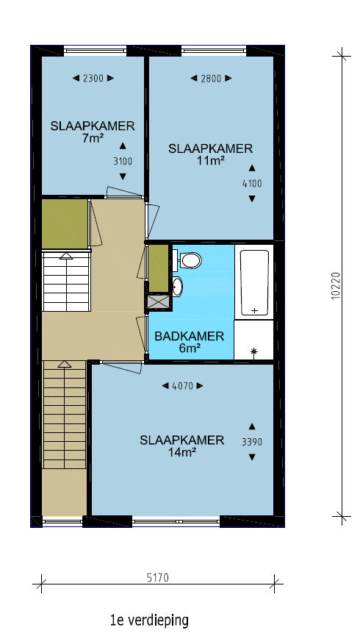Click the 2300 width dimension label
pos(93,79)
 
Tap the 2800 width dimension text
pos(211,79)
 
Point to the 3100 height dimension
pos(123,162)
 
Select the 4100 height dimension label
pos(252,184)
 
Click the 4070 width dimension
pos(182,386)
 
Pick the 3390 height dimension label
pos(252,442)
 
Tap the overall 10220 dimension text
pos(336,286)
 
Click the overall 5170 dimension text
pos(157,578)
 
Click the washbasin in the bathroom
pos(177,287)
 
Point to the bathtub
pos(254,282)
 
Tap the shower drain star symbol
pos(254,352)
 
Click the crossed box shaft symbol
pos(159,302)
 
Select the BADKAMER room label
pos(190,336)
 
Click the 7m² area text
pos(93,138)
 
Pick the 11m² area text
pos(211,161)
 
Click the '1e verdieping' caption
pos(149,620)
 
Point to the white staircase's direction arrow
pos(66,256)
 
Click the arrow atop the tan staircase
pos(64,364)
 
